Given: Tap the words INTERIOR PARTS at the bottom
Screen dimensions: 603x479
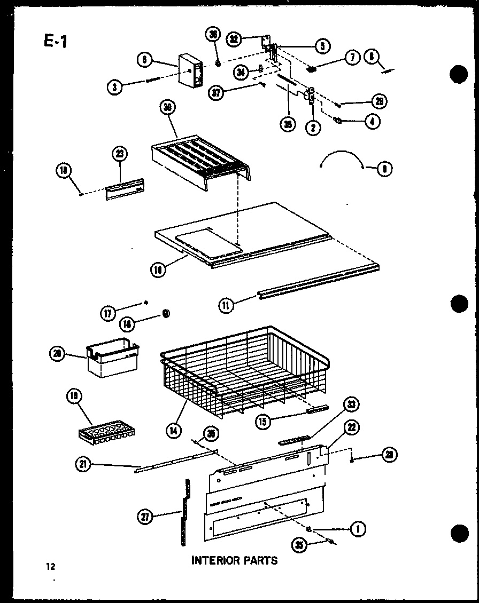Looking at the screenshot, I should point(235,560).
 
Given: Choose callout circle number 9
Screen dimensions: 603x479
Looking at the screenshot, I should point(384,169).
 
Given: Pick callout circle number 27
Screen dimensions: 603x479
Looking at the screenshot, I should point(145,516).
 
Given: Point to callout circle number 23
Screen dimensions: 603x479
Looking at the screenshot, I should point(119,155).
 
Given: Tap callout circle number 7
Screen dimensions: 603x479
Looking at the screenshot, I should point(352,58).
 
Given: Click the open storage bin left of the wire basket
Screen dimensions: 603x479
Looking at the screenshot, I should point(112,359).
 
